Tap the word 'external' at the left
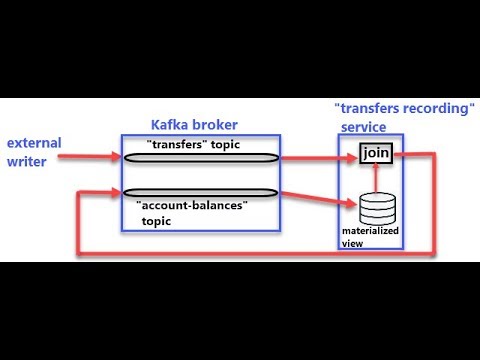33,143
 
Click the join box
376,153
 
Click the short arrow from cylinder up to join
376,175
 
